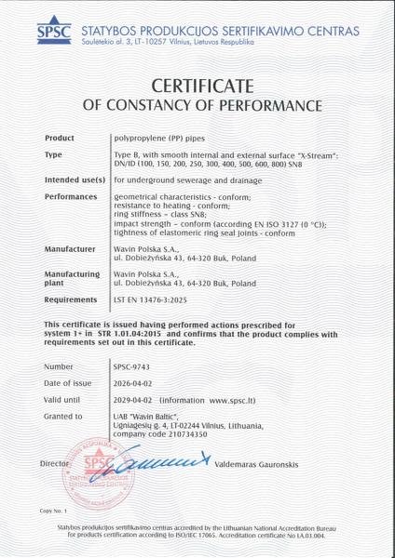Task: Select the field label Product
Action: (59, 138)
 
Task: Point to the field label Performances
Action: (70, 196)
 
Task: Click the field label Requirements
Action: (70, 300)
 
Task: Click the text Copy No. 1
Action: (55, 511)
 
